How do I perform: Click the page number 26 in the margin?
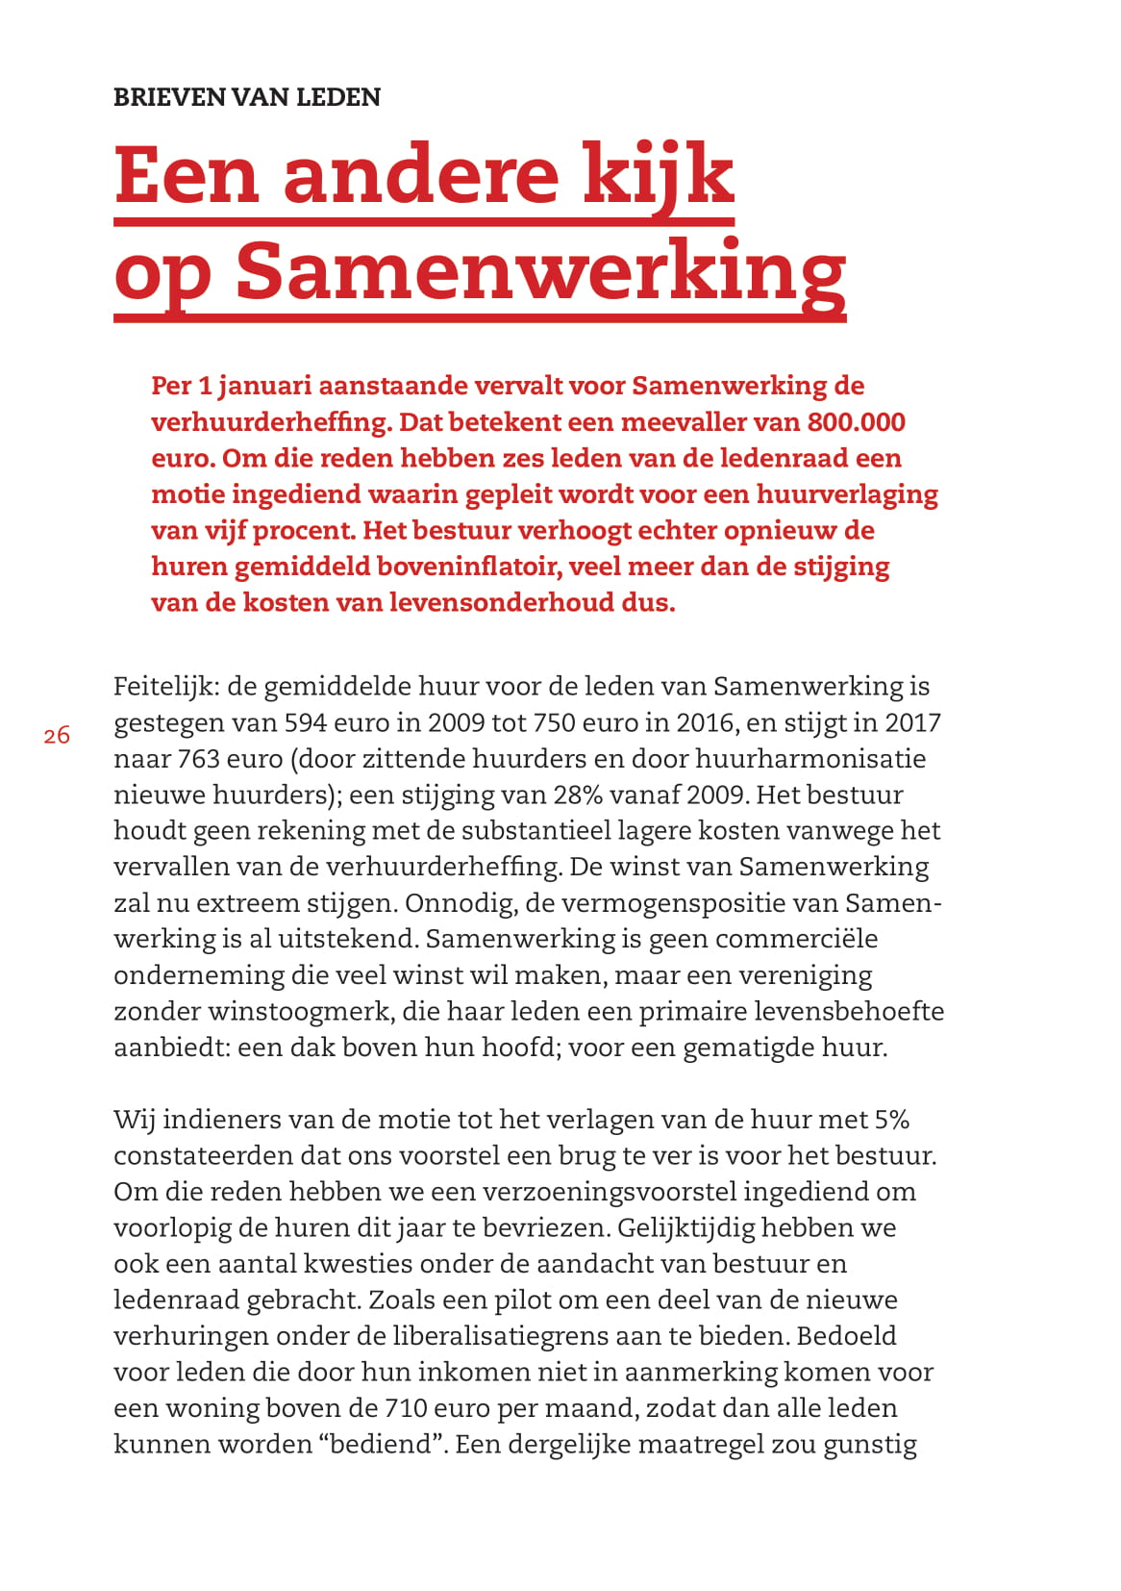point(57,736)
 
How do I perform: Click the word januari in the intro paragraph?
point(264,386)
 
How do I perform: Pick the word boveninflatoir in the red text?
point(468,567)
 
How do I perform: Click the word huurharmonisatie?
point(810,759)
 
